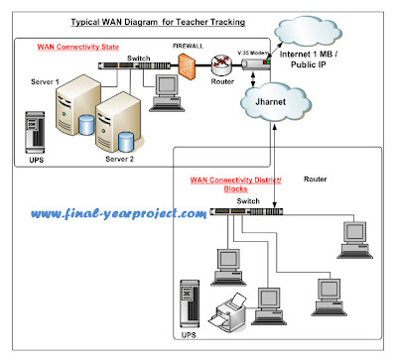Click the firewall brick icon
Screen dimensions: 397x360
[x=187, y=64]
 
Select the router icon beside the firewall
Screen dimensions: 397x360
[x=221, y=65]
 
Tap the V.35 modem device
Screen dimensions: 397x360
[x=256, y=64]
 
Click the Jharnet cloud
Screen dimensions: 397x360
[x=275, y=102]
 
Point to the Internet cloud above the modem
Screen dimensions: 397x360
[x=308, y=33]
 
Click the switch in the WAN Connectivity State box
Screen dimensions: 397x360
[x=134, y=65]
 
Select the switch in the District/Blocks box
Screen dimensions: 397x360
[x=247, y=211]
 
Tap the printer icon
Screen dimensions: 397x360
[x=227, y=311]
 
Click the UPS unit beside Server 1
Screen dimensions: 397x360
[x=35, y=133]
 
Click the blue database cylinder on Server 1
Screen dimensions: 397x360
[x=86, y=125]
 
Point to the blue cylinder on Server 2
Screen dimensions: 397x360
[x=126, y=142]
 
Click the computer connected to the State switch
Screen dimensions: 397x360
[x=167, y=93]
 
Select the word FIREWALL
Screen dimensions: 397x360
[x=188, y=47]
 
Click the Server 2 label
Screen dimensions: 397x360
[x=119, y=159]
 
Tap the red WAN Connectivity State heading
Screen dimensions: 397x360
[x=78, y=47]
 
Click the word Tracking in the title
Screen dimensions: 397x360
[x=228, y=22]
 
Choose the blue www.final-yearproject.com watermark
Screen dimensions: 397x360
[x=119, y=213]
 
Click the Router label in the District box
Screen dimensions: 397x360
[x=316, y=180]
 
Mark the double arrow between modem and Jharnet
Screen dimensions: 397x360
[x=253, y=78]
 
